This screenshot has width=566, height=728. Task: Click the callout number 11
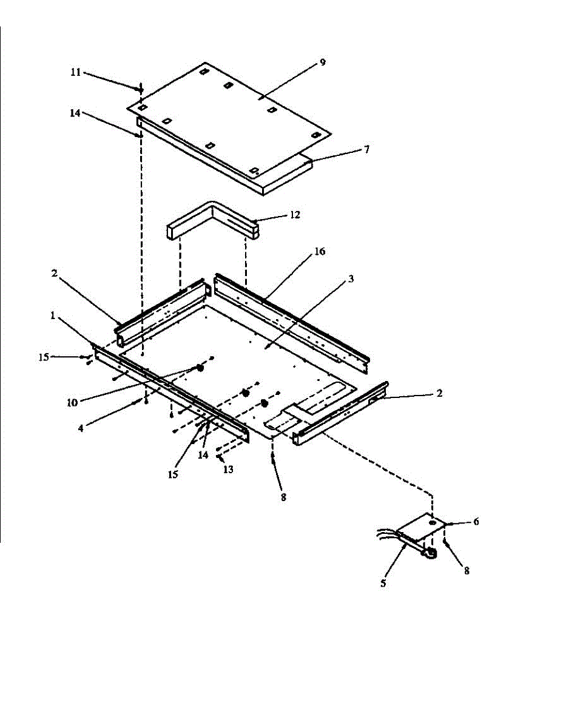click(x=75, y=72)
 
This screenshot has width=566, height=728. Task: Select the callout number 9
click(x=323, y=62)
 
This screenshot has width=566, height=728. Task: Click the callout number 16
click(x=320, y=252)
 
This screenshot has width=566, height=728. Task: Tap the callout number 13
click(x=227, y=469)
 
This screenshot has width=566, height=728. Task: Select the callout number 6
click(x=476, y=521)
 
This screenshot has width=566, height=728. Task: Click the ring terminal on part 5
click(x=430, y=553)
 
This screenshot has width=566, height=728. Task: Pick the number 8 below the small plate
click(x=467, y=570)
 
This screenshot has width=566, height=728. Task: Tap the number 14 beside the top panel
click(x=75, y=113)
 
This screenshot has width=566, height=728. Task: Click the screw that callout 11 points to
click(x=141, y=90)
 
